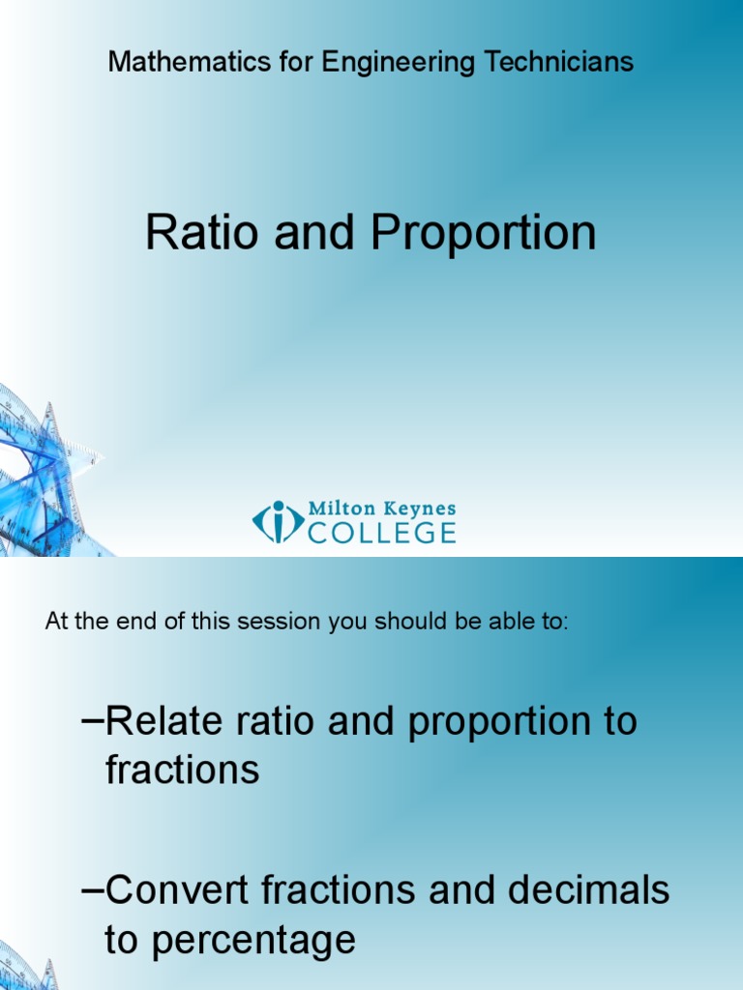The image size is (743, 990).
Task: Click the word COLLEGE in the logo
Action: (x=382, y=533)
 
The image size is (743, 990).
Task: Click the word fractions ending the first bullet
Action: (x=182, y=771)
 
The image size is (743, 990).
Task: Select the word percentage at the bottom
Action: (x=230, y=941)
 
